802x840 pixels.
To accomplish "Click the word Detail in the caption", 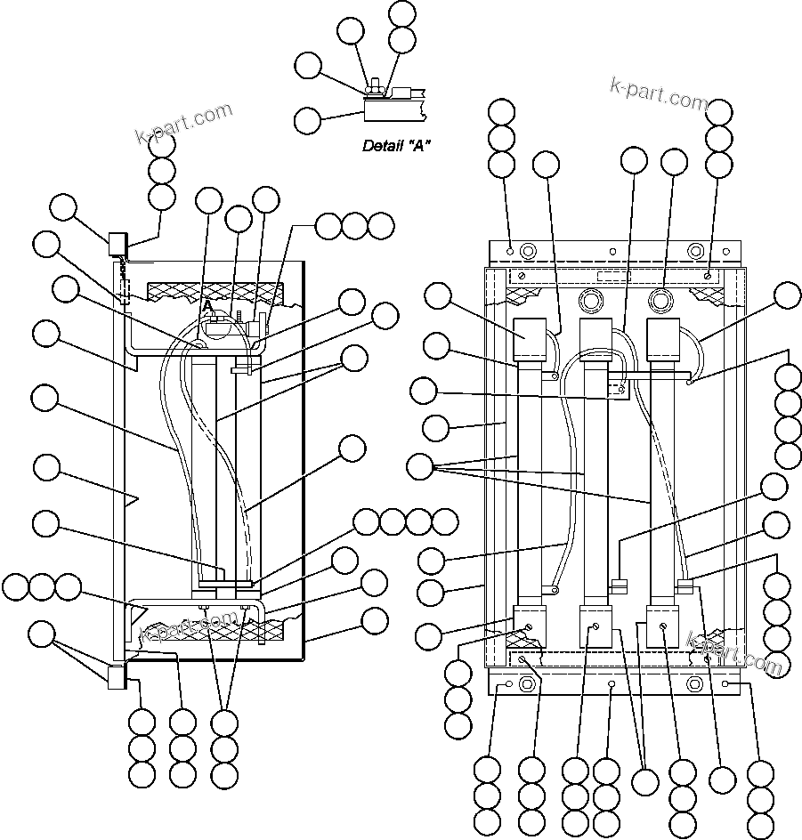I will coord(380,146).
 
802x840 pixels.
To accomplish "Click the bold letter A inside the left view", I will coord(208,305).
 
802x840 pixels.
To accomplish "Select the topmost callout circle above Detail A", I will coord(402,12).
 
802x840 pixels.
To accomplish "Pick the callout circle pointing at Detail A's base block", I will coord(308,119).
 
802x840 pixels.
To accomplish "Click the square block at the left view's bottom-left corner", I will coord(117,676).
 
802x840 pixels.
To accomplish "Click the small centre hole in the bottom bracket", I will coord(612,684).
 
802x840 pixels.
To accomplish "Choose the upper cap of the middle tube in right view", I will coord(595,338).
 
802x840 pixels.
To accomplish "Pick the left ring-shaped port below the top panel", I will coord(590,295).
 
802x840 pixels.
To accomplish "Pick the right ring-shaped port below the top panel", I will coord(659,295).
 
